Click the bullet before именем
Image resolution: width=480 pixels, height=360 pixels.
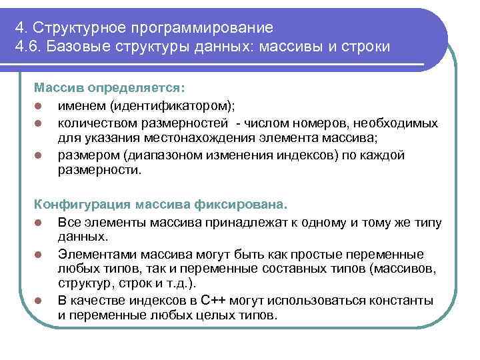pyautogui.click(x=40, y=105)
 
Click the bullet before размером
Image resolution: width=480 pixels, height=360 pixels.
pyautogui.click(x=40, y=155)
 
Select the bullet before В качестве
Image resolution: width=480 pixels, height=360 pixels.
pyautogui.click(x=40, y=302)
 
